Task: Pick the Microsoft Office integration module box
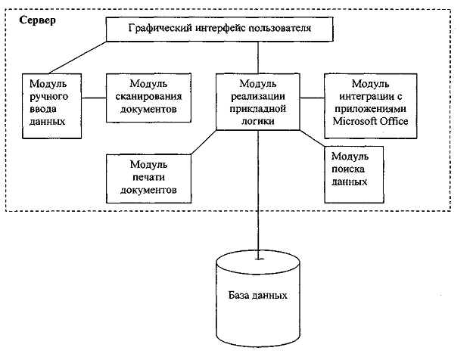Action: [370, 105]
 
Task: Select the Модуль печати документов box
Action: [148, 178]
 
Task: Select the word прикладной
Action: [258, 107]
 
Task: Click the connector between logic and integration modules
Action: [312, 98]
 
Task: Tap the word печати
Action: [148, 178]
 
